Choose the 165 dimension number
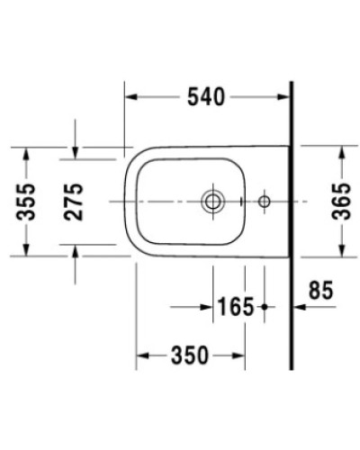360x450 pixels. point(236,308)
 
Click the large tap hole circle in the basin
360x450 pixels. point(213,200)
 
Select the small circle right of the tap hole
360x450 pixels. point(265,200)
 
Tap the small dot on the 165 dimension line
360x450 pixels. point(265,308)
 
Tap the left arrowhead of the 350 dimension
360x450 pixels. point(142,355)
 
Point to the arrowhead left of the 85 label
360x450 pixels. point(300,308)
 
